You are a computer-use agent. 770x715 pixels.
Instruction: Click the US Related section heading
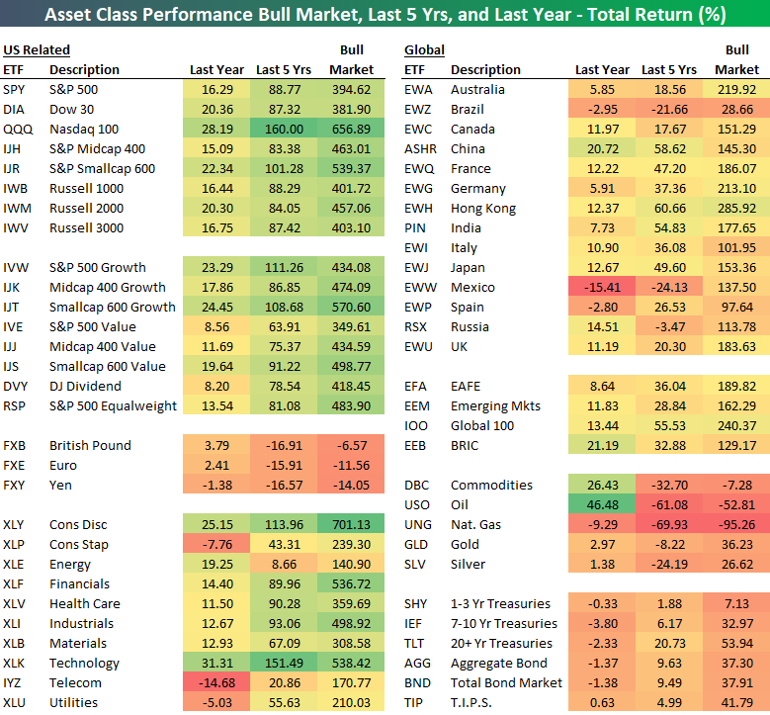tap(37, 49)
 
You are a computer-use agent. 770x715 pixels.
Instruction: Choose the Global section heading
tap(424, 49)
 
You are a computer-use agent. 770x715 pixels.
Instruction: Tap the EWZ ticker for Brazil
tap(418, 109)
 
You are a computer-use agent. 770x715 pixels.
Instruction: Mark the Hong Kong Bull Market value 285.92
tap(737, 208)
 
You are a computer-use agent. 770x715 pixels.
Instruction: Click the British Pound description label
tap(90, 445)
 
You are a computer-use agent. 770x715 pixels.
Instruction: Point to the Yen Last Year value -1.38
tap(217, 485)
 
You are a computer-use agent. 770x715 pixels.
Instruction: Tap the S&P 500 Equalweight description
tap(114, 405)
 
